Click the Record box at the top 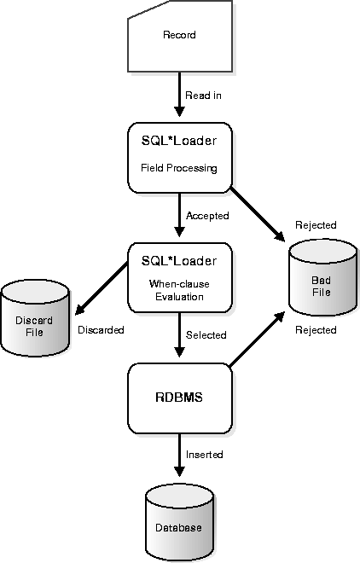(180, 36)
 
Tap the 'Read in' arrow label (203, 96)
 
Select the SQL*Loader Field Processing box (180, 158)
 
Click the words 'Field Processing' (179, 168)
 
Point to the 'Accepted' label (207, 216)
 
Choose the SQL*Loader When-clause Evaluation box (180, 277)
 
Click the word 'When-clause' (179, 284)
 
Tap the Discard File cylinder (35, 318)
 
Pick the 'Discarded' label (101, 329)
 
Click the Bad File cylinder (322, 277)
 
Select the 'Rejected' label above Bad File (316, 225)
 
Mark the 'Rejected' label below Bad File (316, 330)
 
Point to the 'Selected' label (206, 335)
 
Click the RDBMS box (180, 398)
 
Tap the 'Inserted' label (204, 455)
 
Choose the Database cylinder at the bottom (179, 522)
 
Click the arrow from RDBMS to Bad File (257, 340)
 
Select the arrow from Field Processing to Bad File (258, 214)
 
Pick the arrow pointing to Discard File (102, 288)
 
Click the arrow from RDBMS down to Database (179, 456)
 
